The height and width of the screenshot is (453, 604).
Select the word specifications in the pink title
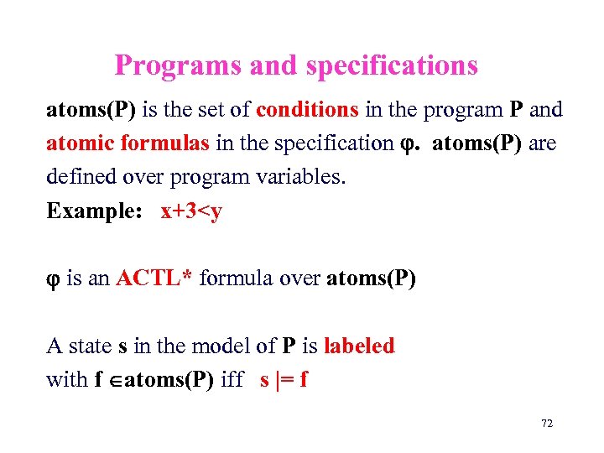(392, 65)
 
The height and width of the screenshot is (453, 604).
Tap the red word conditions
(308, 110)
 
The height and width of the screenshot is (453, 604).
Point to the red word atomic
(81, 143)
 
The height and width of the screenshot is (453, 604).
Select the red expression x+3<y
(191, 211)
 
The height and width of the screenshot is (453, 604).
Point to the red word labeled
(359, 346)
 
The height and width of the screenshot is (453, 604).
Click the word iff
(234, 379)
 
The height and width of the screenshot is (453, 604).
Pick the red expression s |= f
(284, 379)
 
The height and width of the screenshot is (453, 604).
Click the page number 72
(547, 424)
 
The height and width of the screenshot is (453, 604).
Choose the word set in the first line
(219, 110)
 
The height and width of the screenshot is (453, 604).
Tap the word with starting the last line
(66, 379)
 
